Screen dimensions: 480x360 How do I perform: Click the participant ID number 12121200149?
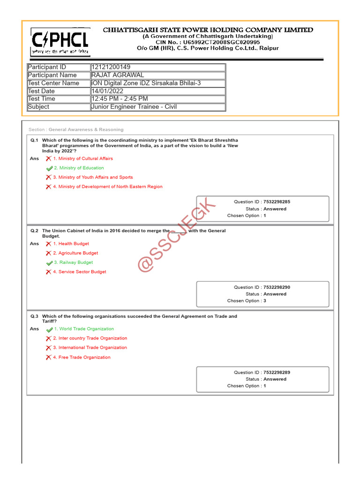point(111,67)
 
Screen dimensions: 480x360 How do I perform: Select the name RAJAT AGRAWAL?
point(118,75)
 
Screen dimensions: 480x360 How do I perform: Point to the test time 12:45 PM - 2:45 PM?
point(120,99)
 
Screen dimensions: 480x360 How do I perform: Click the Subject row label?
point(39,107)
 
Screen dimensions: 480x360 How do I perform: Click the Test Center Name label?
point(53,83)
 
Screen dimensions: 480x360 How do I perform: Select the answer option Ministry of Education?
point(79,168)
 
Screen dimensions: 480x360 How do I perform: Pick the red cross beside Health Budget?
point(49,244)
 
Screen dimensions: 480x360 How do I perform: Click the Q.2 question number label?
point(35,231)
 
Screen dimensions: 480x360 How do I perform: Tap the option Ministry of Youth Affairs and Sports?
point(93,177)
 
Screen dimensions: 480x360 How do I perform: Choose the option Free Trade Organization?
point(82,357)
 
